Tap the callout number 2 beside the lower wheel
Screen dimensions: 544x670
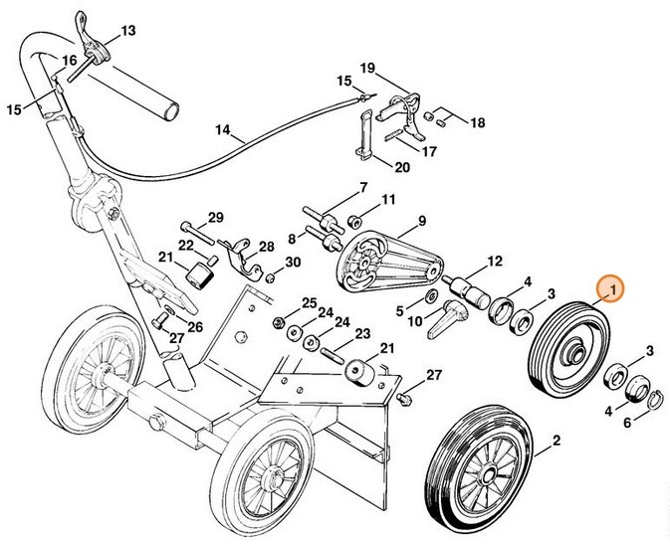556,439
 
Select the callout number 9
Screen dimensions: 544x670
421,220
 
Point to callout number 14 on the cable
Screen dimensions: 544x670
222,129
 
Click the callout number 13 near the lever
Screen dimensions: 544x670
127,31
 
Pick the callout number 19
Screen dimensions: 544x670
367,68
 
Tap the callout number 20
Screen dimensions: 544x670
402,166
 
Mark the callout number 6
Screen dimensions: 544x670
626,423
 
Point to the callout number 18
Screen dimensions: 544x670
477,122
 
